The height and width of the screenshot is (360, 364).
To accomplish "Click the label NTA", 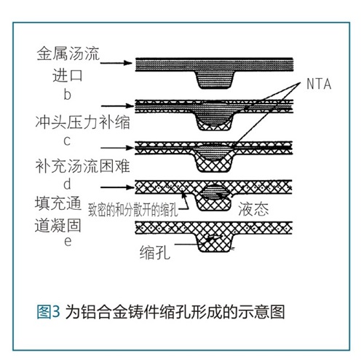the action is click(x=319, y=84).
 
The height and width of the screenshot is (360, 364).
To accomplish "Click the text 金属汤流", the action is click(x=68, y=54).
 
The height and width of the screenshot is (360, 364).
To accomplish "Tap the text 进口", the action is click(x=68, y=75).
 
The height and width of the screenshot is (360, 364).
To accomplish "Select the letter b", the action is click(x=67, y=94).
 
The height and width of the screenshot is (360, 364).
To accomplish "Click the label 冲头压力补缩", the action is click(x=83, y=122).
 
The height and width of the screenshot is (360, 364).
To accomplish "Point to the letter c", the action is click(x=67, y=141).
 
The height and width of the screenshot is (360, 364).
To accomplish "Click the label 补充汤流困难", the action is click(x=82, y=166).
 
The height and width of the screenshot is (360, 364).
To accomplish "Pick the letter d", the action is click(x=67, y=184).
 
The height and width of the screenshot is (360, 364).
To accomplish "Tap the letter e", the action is click(x=68, y=242).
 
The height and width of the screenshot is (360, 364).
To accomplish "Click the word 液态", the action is click(x=253, y=209).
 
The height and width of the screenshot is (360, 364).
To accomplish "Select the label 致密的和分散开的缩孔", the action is click(x=133, y=209).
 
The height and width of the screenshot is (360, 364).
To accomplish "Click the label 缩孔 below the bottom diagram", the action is click(x=155, y=252).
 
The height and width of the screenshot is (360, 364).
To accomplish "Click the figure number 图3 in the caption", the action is click(x=48, y=312).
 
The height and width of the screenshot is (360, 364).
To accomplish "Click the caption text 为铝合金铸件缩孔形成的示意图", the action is click(x=175, y=312).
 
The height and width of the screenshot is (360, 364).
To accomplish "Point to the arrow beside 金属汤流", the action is click(x=116, y=63).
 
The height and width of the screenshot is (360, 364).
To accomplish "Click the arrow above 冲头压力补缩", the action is click(x=117, y=106).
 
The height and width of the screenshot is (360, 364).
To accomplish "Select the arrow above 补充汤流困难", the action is click(x=117, y=148).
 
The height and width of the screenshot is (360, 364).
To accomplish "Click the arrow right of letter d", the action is click(x=117, y=187).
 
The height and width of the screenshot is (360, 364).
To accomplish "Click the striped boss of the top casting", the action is click(x=214, y=80).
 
